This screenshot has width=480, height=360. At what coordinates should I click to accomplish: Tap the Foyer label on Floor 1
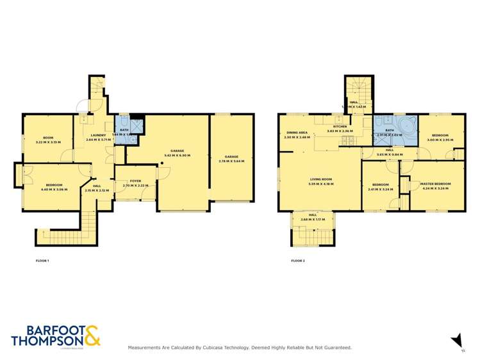[x=135, y=181]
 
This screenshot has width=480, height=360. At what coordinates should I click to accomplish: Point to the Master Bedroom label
[x=436, y=184]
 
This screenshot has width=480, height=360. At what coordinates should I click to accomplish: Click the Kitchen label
[x=340, y=127]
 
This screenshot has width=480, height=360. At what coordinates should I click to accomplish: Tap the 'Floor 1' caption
[x=42, y=261]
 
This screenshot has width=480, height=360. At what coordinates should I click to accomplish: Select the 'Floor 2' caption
[x=297, y=261]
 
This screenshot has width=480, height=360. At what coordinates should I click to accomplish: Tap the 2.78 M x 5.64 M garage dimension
[x=231, y=161]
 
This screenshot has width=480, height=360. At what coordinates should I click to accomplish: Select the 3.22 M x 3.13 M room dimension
[x=48, y=142]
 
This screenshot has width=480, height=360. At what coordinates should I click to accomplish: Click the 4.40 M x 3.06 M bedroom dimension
[x=54, y=189]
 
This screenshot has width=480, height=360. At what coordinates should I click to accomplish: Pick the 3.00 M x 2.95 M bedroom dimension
[x=440, y=140]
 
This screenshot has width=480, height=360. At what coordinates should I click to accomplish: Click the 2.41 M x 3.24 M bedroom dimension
[x=381, y=190]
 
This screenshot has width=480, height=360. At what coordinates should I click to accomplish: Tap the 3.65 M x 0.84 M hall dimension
[x=390, y=154]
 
